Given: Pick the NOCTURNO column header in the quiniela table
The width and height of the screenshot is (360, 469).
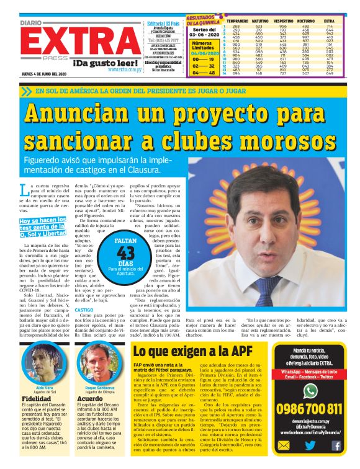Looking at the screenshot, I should coord(306,21).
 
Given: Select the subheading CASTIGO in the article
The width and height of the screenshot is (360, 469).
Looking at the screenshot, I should coord(84,309).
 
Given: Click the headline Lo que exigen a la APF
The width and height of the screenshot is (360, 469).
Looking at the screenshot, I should coord(193,352).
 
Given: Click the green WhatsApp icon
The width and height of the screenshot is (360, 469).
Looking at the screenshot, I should coord(310,390).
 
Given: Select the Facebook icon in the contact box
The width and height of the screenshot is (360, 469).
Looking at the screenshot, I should coord(336,445).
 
